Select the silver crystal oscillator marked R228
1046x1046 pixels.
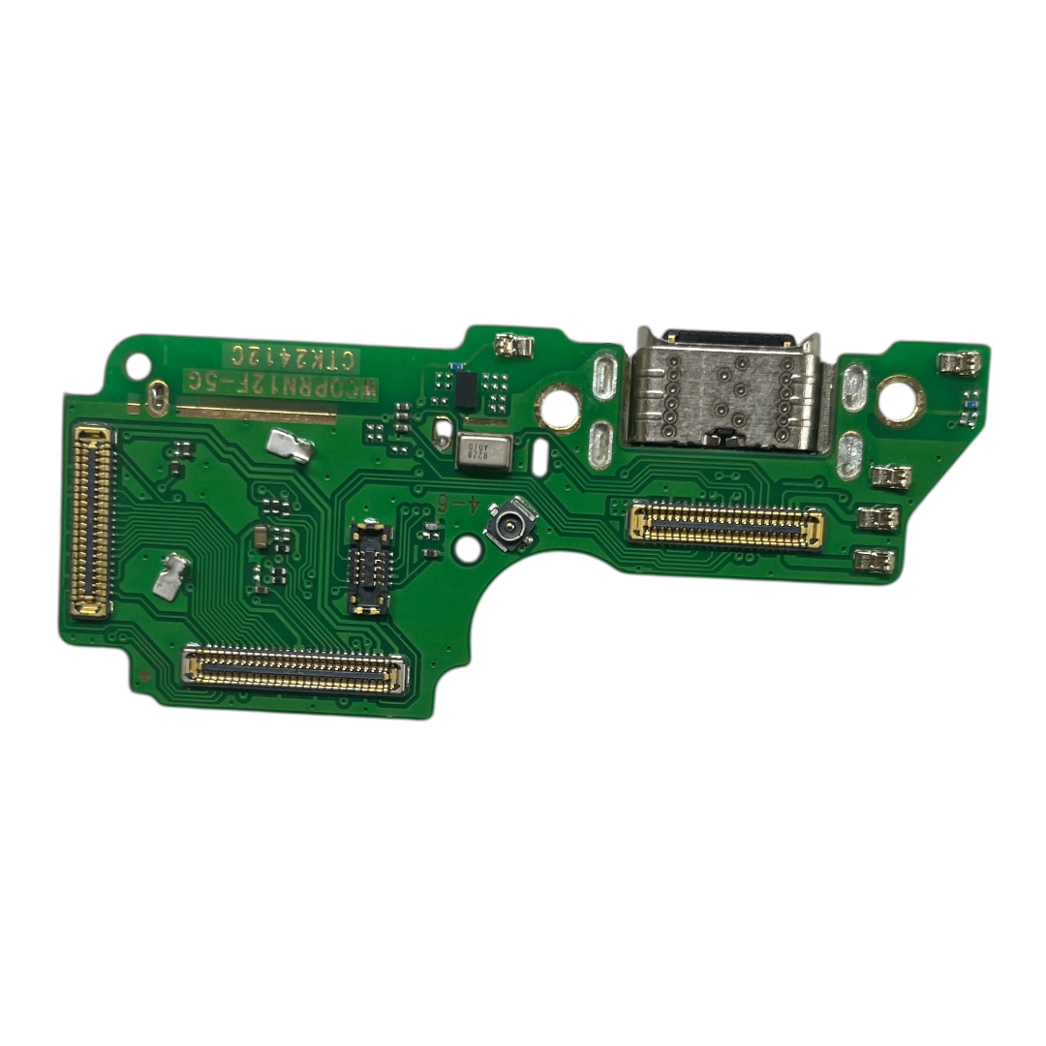point(482,452)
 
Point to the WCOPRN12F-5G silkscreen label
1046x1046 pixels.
point(281,384)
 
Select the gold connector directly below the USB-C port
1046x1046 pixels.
point(726,524)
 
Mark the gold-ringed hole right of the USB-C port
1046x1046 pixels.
point(897,397)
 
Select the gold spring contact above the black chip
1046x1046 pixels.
point(513,345)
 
